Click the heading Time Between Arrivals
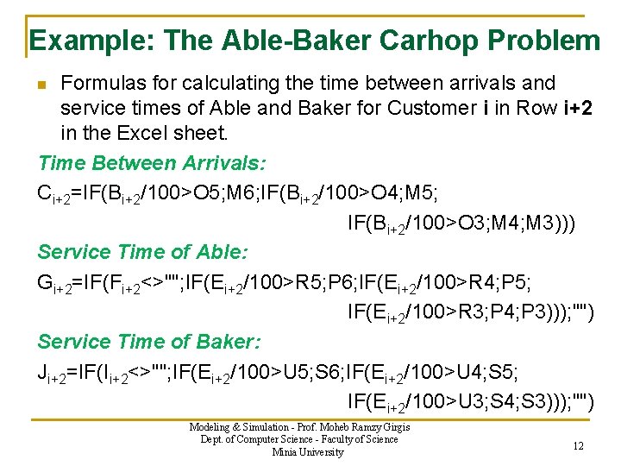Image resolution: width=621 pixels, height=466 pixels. [x=152, y=163]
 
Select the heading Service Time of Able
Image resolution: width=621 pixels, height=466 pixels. [x=142, y=252]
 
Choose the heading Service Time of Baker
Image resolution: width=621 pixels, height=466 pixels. [x=148, y=342]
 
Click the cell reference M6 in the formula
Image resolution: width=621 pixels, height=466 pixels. [x=273, y=192]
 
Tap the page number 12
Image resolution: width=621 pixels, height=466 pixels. [x=579, y=444]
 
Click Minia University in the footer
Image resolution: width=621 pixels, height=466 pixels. [x=307, y=452]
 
